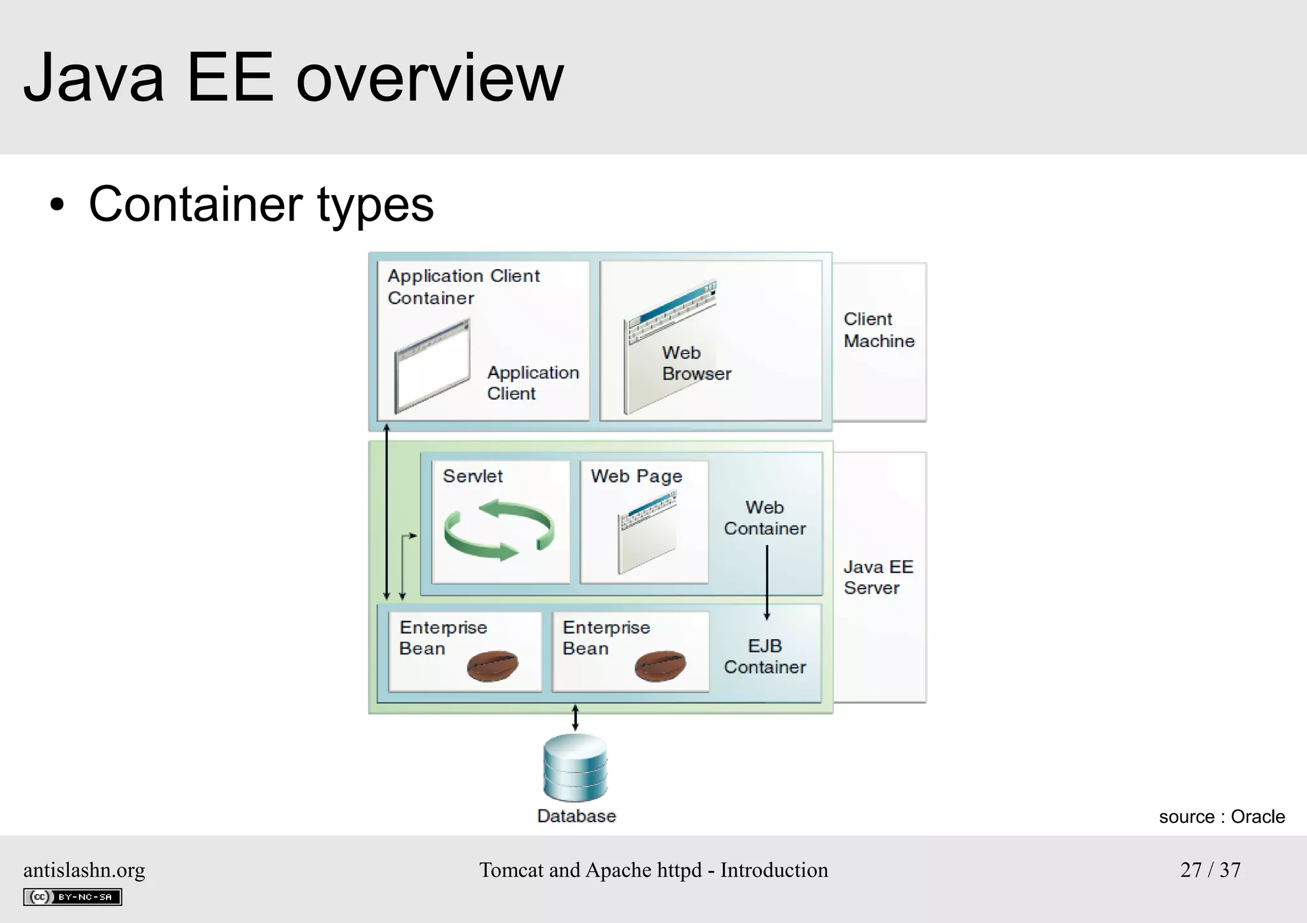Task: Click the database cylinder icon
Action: (575, 767)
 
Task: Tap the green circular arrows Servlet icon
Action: (499, 529)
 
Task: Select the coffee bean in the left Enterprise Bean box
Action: (492, 666)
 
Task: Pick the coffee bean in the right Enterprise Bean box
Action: (660, 666)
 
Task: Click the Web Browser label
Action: (696, 363)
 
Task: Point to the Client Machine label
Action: (879, 330)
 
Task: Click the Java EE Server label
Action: (878, 577)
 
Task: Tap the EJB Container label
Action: (765, 656)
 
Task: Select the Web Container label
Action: (765, 518)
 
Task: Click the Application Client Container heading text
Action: (463, 286)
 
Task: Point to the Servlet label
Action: (472, 476)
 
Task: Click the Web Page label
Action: (636, 476)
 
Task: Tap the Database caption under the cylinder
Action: (576, 816)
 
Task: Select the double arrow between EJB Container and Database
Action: (575, 718)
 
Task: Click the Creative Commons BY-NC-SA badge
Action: (73, 897)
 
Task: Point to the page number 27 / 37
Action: (1210, 869)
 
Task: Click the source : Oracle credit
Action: (1221, 816)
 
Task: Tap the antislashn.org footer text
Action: (84, 869)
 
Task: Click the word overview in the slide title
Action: (430, 78)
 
